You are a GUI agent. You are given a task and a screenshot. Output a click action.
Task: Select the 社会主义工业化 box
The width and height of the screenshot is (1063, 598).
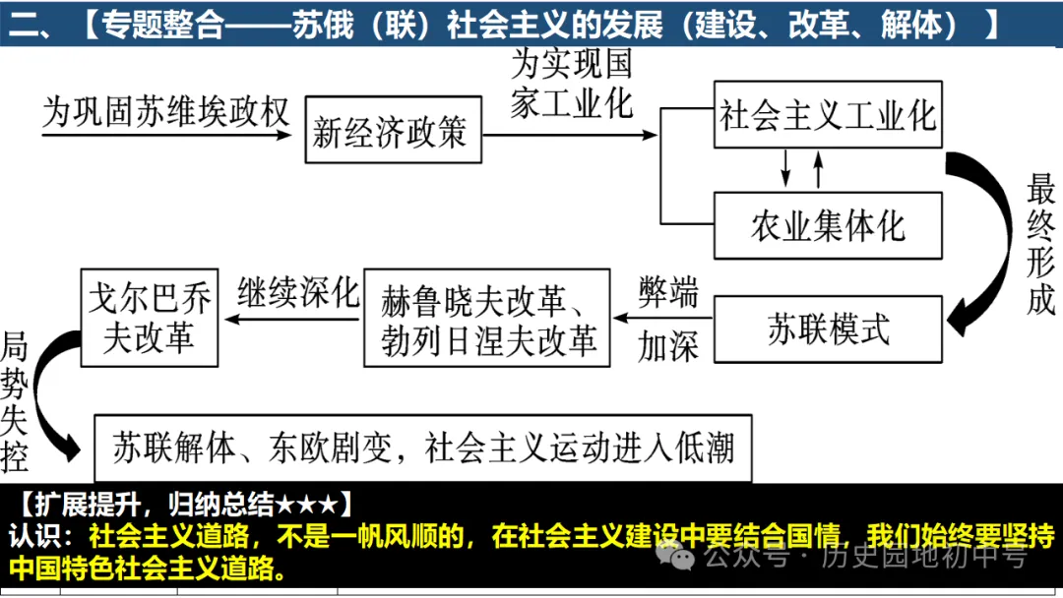[x=827, y=115]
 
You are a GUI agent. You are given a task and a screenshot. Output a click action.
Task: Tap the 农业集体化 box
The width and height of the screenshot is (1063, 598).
[x=827, y=225]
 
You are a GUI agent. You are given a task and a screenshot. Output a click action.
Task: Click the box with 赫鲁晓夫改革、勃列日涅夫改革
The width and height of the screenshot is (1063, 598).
[x=488, y=318]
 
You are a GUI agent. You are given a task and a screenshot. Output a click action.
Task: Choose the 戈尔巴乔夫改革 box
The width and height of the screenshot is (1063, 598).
[x=149, y=318]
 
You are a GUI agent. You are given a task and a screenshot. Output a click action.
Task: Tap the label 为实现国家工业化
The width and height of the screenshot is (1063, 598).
[x=571, y=84]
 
